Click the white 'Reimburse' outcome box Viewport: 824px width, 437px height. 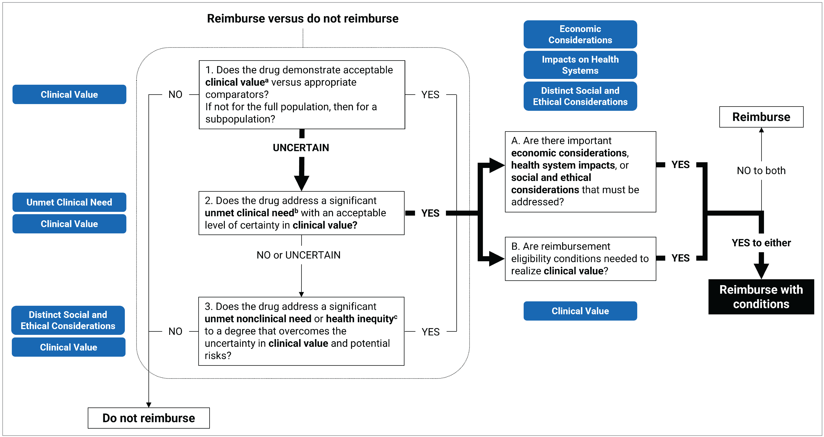[761, 117]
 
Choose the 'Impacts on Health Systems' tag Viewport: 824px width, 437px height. [580, 65]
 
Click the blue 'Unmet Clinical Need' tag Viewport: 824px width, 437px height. [69, 202]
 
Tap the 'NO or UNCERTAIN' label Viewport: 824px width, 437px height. [298, 255]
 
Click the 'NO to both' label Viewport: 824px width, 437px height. [761, 171]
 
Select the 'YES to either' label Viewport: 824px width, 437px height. [761, 243]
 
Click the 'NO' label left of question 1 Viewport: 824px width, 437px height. [175, 95]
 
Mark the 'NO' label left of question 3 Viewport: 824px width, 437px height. [175, 332]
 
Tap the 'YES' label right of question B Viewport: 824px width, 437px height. [680, 258]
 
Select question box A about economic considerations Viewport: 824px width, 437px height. [580, 172]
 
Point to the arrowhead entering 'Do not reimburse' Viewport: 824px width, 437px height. [149, 405]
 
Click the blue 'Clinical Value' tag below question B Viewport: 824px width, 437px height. [580, 311]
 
